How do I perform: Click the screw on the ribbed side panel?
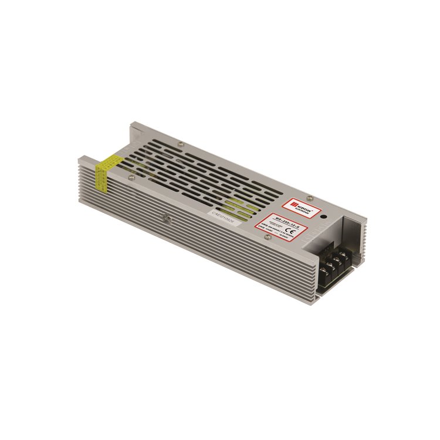coord(167,219)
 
